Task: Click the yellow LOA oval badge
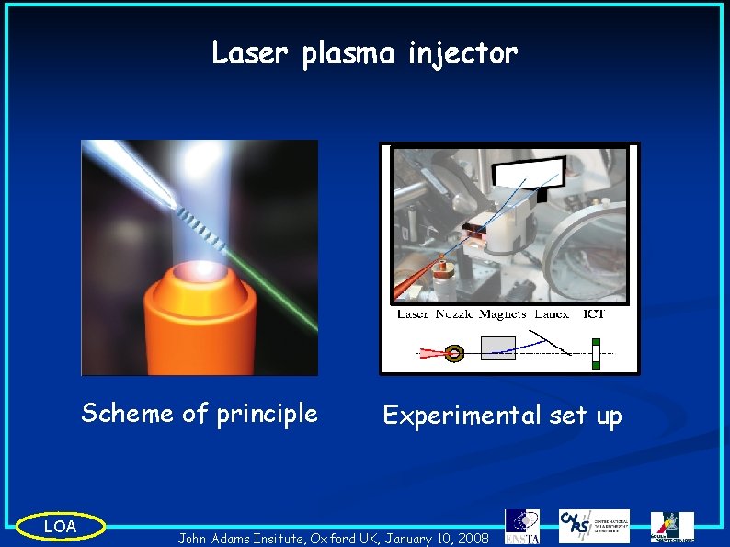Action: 61,527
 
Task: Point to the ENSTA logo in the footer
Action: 522,526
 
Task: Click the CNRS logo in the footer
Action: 594,526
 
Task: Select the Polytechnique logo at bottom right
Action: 672,527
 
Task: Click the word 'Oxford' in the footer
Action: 336,537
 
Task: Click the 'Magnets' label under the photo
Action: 502,314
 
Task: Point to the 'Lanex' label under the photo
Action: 551,314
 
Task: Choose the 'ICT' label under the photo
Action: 594,314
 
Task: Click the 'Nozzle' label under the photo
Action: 453,314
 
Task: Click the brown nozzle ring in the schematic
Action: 454,353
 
